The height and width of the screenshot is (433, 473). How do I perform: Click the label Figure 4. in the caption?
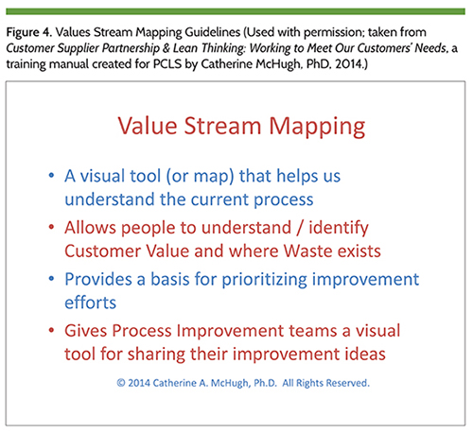29,32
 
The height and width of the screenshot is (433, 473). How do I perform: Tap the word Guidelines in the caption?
213,32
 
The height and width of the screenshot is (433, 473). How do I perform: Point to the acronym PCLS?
167,64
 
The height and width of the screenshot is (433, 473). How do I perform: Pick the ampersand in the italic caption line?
166,48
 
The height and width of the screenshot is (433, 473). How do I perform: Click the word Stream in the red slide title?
222,126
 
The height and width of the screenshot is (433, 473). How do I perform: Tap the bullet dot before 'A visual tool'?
51,176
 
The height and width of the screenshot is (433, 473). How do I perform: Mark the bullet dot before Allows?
51,227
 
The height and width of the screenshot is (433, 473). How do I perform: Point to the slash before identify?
300,228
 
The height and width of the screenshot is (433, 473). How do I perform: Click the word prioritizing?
264,280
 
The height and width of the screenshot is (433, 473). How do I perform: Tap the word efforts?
91,303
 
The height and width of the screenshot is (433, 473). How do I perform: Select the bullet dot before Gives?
51,330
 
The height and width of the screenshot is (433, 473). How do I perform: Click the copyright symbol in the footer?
121,383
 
